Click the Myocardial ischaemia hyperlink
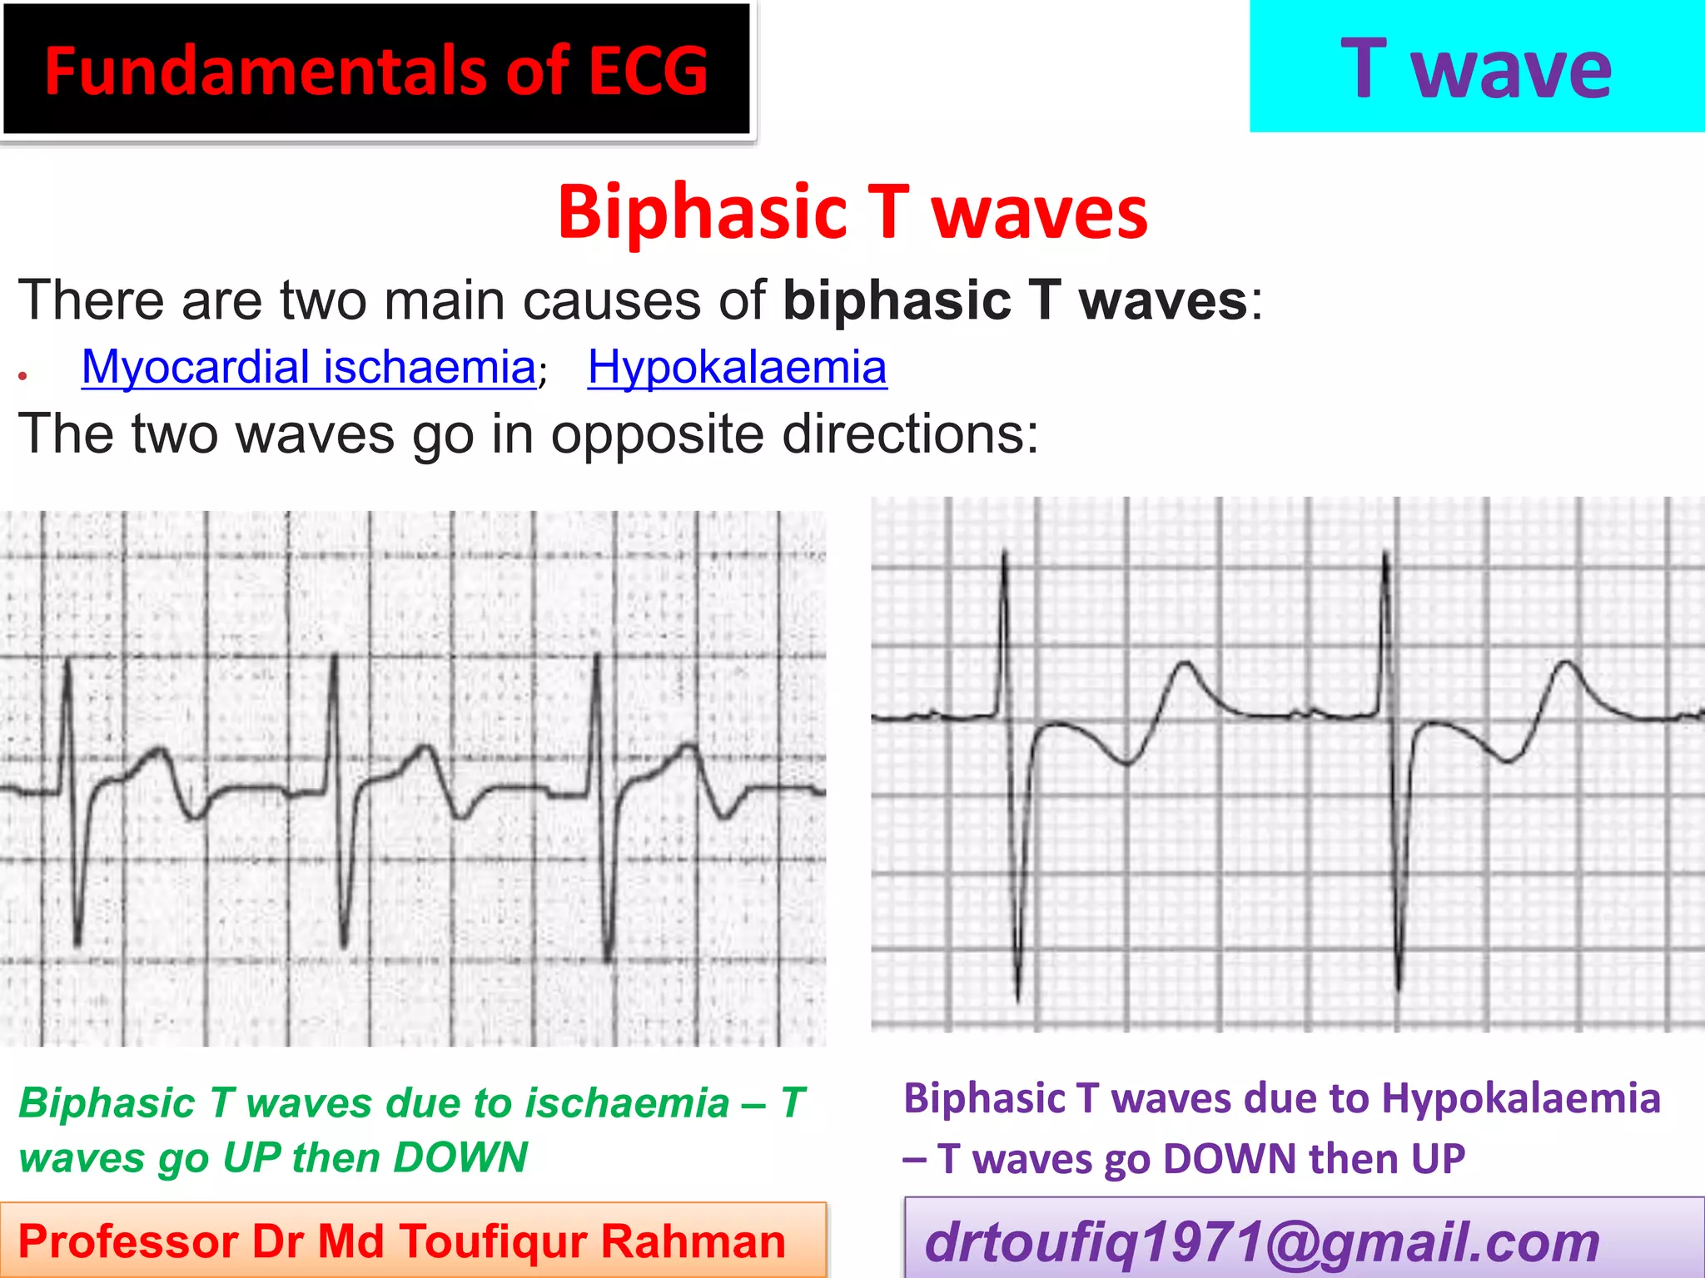click(x=308, y=367)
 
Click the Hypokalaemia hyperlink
click(x=737, y=367)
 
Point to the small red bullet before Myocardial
click(x=23, y=377)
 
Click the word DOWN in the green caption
click(x=460, y=1157)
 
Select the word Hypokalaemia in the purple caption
click(x=1521, y=1098)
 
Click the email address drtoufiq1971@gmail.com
click(x=1262, y=1241)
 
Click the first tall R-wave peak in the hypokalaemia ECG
click(x=1005, y=553)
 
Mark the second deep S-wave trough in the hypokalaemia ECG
click(x=1398, y=988)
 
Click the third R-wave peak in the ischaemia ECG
click(x=597, y=657)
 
